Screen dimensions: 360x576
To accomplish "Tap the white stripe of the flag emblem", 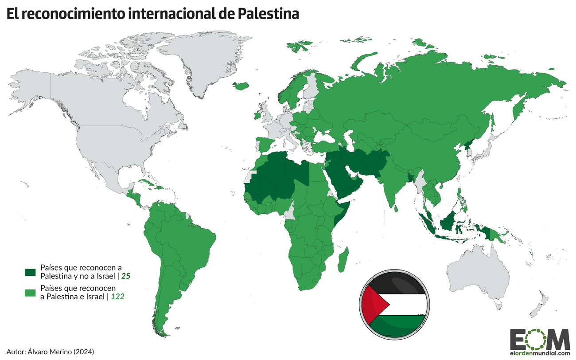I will pos(405,305).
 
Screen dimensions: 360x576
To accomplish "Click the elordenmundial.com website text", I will pos(540,353).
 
